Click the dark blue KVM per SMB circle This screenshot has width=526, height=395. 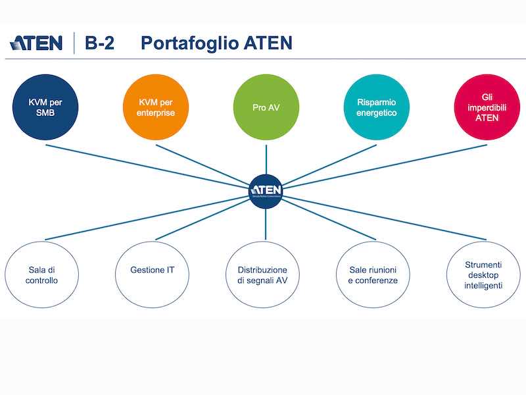click(x=45, y=107)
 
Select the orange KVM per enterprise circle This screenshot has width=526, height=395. click(x=156, y=107)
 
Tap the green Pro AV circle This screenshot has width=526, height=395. click(x=266, y=107)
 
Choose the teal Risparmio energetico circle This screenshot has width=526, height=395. click(x=376, y=107)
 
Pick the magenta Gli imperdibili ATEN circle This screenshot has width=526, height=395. click(x=487, y=107)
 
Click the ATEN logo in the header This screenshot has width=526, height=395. click(x=36, y=43)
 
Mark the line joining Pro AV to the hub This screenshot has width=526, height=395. click(x=266, y=158)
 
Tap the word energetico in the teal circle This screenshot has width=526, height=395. click(x=376, y=113)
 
